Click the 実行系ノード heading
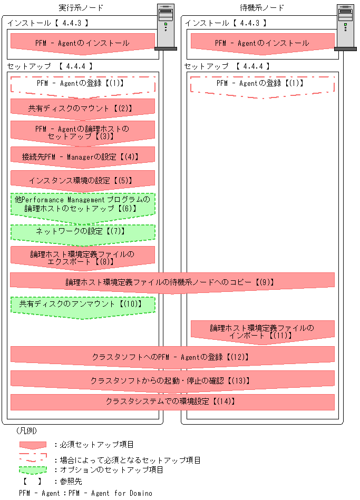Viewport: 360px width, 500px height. point(81,8)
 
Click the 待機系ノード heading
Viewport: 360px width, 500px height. point(262,8)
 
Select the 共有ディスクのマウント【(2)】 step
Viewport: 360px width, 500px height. point(82,108)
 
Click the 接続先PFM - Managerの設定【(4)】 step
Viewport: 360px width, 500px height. point(82,156)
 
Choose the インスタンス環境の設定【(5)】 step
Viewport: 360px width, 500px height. point(82,180)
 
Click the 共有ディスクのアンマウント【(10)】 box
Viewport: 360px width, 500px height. point(82,305)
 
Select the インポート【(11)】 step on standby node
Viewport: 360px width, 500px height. point(262,331)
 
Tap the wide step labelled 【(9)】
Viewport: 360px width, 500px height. point(172,282)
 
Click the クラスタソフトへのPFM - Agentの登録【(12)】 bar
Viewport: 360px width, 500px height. point(172,357)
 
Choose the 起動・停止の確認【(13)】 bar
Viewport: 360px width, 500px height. point(172,380)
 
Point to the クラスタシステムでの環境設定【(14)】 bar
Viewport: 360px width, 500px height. point(172,401)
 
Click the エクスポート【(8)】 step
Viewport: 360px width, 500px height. point(82,257)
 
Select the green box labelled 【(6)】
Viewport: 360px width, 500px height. point(82,204)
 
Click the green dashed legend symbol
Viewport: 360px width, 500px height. point(33,469)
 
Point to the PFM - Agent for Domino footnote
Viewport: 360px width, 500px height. point(85,493)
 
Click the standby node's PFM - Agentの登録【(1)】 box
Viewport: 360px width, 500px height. point(262,84)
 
